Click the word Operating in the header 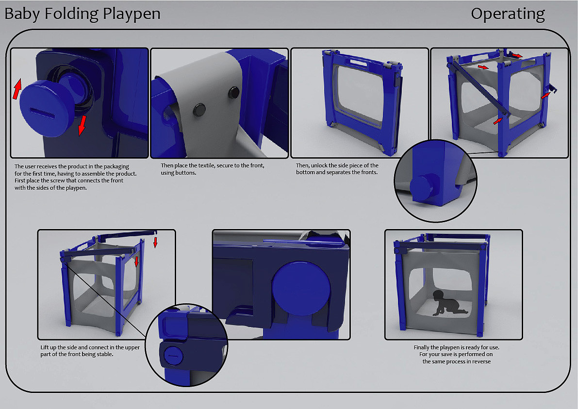508,14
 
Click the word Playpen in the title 132,14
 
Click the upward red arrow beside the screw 17,89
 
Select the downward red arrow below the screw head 82,125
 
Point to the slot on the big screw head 42,113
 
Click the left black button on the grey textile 199,110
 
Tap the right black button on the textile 234,92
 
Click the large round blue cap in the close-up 301,289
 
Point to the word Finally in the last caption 421,347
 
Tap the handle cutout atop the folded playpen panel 356,62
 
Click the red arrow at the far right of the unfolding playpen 546,96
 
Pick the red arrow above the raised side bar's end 156,243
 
